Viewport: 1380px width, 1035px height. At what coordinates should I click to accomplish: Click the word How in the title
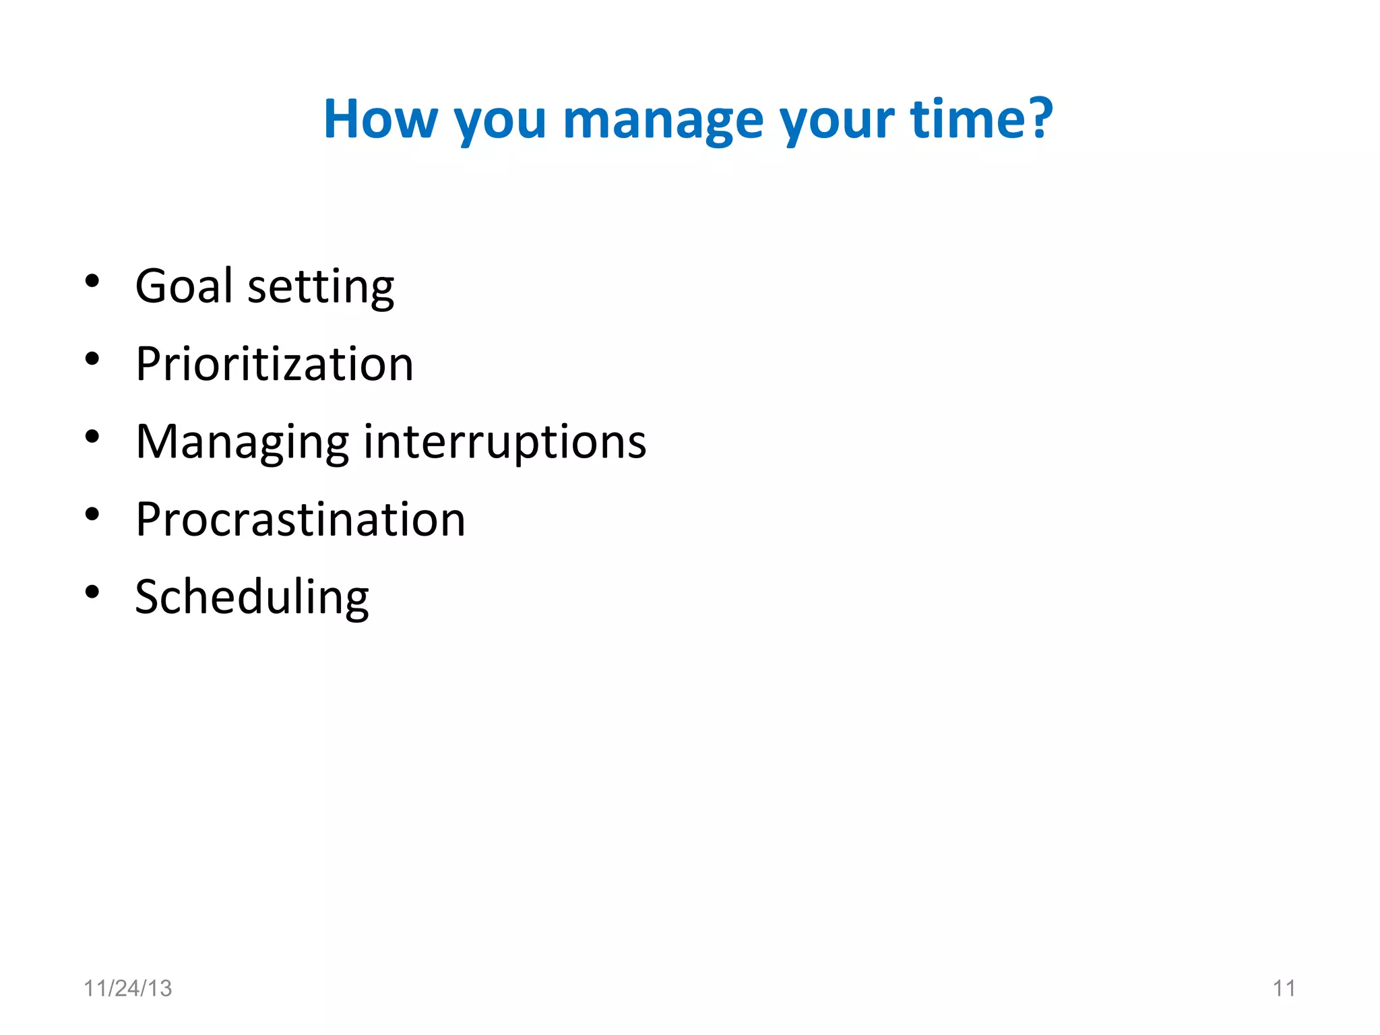[381, 119]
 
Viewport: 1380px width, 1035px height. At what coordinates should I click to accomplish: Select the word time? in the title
[981, 119]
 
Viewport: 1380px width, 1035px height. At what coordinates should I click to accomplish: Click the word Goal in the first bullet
[184, 286]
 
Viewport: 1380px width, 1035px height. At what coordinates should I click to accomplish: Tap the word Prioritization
[274, 364]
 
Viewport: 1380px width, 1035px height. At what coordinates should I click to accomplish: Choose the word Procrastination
[301, 520]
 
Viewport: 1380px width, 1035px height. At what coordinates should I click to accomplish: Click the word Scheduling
[252, 598]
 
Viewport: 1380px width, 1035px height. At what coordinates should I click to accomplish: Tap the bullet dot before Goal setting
[92, 281]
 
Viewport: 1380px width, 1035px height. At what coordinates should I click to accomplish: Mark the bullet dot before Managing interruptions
[92, 437]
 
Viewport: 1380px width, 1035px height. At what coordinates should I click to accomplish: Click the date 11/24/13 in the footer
[128, 989]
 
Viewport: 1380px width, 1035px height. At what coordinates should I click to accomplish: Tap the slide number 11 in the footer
[1284, 989]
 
